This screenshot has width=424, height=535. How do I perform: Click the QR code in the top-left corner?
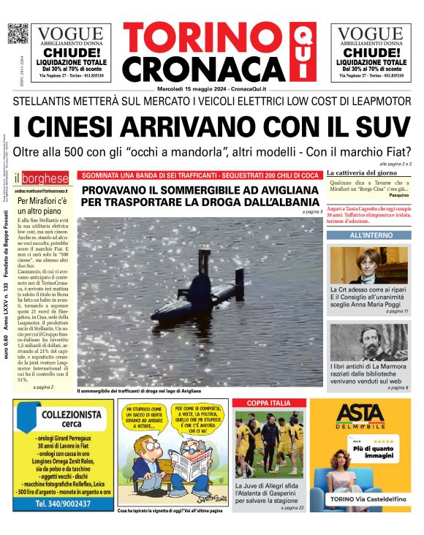18,34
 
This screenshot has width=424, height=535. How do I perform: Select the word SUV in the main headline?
381,125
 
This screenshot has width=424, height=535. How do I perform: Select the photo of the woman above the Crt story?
369,265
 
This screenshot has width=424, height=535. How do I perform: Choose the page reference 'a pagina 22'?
290,507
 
